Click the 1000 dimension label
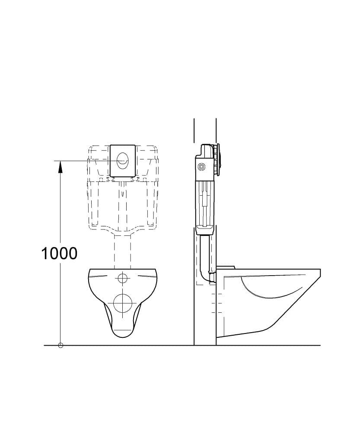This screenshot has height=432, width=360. click(x=59, y=254)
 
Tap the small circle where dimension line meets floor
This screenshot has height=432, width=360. click(x=61, y=345)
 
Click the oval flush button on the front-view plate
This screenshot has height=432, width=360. click(x=122, y=161)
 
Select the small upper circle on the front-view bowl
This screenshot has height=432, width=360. click(x=122, y=278)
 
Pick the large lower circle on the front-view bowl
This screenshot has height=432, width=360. click(x=122, y=303)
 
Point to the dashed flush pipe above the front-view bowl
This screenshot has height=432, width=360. click(x=122, y=251)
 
